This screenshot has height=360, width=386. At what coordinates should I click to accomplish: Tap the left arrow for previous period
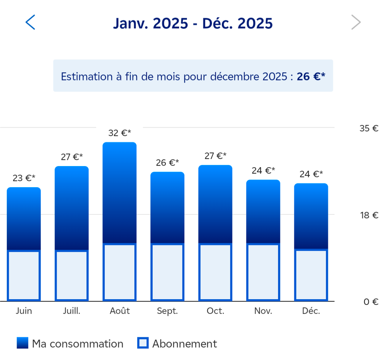tap(30, 23)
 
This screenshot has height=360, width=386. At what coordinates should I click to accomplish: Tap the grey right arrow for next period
tap(356, 23)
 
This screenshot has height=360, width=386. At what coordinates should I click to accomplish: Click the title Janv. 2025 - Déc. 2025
tap(193, 23)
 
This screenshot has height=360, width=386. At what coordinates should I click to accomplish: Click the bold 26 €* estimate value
tap(311, 77)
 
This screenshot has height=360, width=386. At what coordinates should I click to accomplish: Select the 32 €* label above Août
tap(119, 133)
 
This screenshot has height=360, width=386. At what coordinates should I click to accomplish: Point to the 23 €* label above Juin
tap(24, 178)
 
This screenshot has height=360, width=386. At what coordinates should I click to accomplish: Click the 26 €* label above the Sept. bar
tap(167, 163)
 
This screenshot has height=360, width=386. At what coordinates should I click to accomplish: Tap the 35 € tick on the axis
tap(369, 128)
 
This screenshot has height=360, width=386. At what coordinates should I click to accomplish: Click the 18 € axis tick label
tap(369, 215)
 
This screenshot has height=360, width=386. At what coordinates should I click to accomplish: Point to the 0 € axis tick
tap(371, 302)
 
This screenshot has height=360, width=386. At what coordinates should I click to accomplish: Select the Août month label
tap(119, 311)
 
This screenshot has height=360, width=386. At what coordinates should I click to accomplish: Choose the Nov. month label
tap(263, 311)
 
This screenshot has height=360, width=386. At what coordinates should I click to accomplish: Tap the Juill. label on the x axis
tap(72, 311)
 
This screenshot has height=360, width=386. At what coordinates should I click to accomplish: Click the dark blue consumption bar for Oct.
tap(215, 204)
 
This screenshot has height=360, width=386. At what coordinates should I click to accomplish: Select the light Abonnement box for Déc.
tap(311, 274)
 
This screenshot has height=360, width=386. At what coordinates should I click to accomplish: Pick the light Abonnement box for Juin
tap(24, 275)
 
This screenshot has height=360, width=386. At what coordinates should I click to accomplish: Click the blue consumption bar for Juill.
tap(72, 208)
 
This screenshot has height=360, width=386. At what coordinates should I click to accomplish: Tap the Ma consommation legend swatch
tap(23, 343)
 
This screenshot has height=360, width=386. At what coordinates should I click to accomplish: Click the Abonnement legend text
tap(184, 344)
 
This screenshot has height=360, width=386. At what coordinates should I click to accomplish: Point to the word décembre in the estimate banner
tap(232, 77)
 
